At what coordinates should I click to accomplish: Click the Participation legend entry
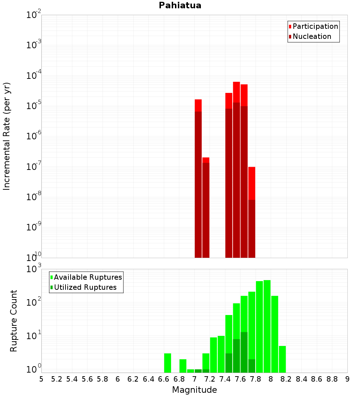coord(315,26)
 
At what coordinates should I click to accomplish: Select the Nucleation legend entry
coord(312,36)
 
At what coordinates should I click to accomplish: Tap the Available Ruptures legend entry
coord(88,277)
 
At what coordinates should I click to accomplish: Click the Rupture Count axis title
coord(14,320)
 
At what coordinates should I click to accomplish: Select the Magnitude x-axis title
coord(194,390)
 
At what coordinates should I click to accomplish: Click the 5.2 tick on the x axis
coord(57,379)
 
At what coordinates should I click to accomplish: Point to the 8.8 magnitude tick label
coord(332,379)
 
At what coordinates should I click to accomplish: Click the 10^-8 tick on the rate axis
coord(34,197)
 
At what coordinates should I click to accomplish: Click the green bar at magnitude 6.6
coord(167,363)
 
